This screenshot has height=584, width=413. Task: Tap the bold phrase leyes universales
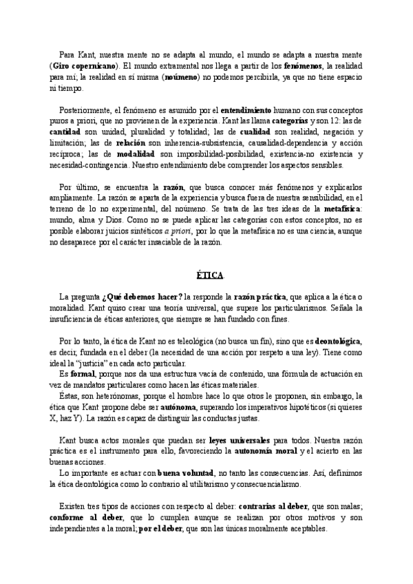point(238,439)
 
